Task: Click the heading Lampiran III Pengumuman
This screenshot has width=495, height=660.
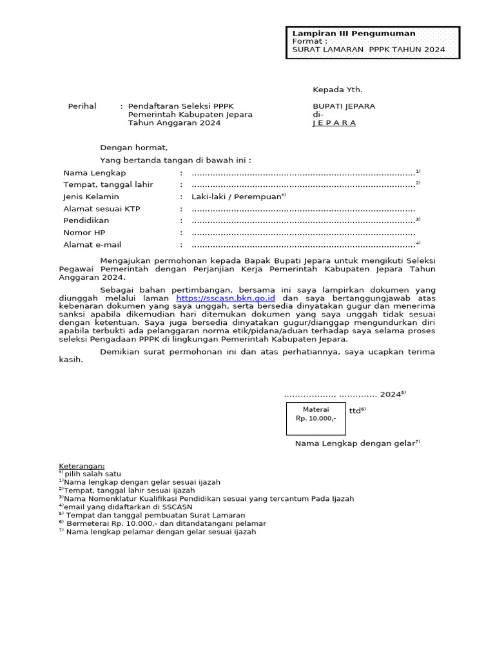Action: [354, 34]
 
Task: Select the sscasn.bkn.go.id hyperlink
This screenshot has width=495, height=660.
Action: [226, 298]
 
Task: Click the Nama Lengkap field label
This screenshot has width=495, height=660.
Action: [95, 173]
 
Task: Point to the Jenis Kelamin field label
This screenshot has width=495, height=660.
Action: [91, 197]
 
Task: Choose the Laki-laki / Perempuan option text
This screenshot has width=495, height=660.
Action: [237, 197]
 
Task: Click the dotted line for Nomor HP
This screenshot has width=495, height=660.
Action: [303, 233]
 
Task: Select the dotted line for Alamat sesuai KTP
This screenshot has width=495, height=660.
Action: [303, 209]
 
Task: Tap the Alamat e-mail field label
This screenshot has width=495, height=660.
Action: [92, 245]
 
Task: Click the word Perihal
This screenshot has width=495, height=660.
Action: [82, 106]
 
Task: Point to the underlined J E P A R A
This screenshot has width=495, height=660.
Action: [334, 123]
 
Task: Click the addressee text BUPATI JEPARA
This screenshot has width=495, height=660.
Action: [344, 106]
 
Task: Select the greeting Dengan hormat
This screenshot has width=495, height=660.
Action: [134, 148]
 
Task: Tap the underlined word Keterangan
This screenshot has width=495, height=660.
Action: [82, 465]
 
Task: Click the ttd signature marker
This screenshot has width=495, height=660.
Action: [356, 411]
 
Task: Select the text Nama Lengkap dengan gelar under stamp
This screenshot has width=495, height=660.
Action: [355, 443]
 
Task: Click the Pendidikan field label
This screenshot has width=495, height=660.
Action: [86, 220]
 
